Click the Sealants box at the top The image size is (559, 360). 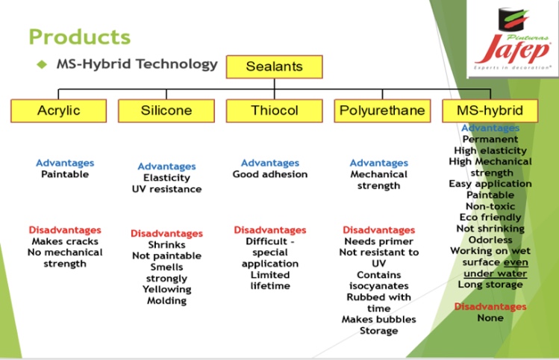274,66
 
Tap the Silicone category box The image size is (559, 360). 166,111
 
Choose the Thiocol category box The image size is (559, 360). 274,111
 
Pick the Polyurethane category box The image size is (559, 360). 382,111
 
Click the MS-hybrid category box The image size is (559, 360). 490,111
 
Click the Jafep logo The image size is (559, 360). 513,44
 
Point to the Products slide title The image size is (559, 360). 79,36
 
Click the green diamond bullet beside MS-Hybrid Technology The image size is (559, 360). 43,64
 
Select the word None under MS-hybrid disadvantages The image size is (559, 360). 490,318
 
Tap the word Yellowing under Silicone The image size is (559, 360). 166,289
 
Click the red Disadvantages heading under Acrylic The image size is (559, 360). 65,230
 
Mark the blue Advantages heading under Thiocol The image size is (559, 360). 270,163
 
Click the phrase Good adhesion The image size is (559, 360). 270,174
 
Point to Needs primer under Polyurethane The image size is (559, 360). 378,241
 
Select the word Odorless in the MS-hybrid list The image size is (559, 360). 490,240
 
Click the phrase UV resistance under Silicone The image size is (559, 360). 166,189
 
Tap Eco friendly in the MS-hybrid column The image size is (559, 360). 490,217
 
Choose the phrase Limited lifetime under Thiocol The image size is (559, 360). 270,280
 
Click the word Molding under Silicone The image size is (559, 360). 166,300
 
